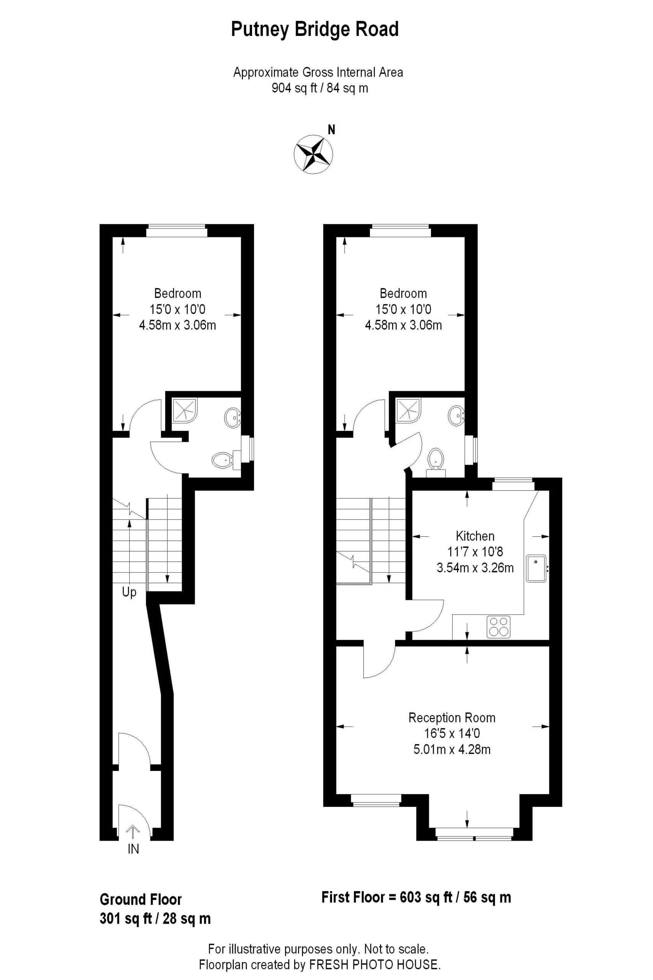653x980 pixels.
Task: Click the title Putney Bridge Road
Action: click(315, 29)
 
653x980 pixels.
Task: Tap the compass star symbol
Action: click(313, 154)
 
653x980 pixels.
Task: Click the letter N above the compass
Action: click(332, 130)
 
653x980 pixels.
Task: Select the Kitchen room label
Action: click(475, 536)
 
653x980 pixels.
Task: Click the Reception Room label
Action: click(452, 717)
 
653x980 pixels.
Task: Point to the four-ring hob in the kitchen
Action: click(498, 626)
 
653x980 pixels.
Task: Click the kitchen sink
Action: click(536, 568)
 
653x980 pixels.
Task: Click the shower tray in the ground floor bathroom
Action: click(184, 410)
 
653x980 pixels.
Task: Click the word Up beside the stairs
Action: click(129, 592)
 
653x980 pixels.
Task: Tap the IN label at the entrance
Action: click(133, 849)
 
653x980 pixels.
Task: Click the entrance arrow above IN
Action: click(133, 832)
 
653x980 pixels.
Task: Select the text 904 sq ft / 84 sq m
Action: click(320, 88)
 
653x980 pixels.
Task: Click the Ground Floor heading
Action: click(141, 900)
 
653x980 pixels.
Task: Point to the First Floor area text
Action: click(416, 897)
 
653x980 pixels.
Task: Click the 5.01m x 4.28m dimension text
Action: click(452, 749)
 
